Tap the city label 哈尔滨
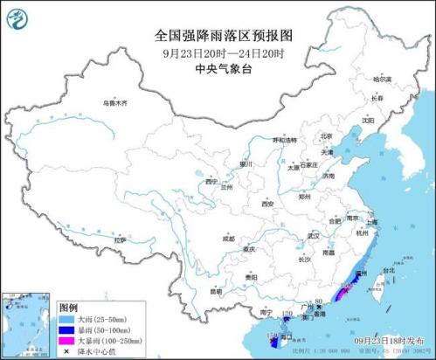[383, 80]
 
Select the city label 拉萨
[121, 239]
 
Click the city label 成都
[228, 237]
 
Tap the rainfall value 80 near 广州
[319, 301]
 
